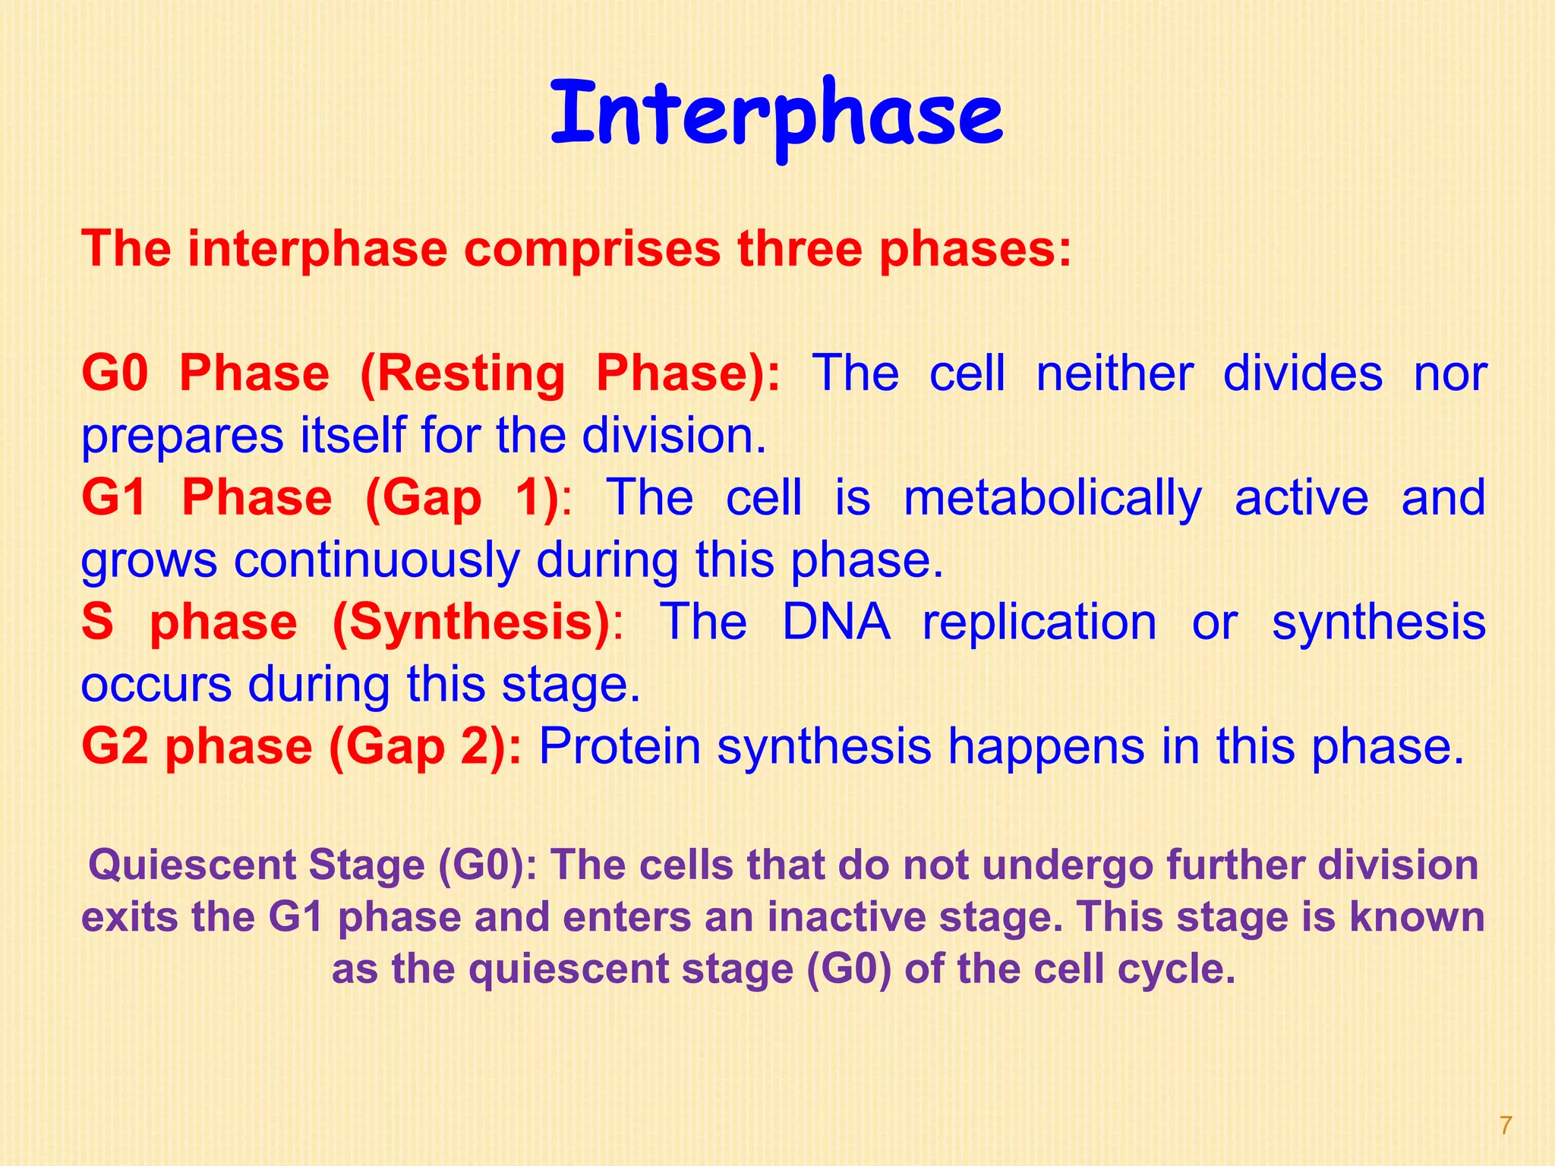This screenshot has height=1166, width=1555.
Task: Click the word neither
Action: click(x=1115, y=373)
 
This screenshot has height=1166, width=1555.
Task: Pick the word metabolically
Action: click(x=1052, y=499)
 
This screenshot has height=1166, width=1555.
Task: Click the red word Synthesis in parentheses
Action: click(x=472, y=622)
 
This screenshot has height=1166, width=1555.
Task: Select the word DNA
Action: click(x=835, y=622)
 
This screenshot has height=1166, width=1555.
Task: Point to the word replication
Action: click(x=1039, y=622)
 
